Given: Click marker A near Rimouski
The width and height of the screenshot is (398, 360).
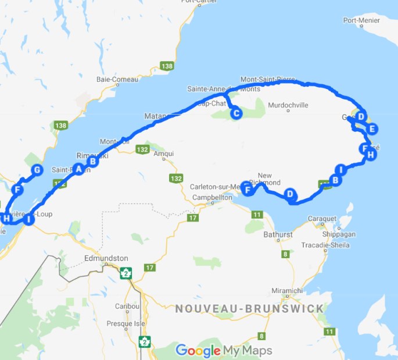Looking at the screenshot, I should coord(78,169).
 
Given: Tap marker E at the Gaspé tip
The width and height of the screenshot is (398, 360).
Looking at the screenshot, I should coord(372,129).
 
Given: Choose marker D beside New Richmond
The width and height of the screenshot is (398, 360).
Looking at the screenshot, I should coord(290,194).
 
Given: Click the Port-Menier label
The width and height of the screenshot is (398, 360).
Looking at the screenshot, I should coord(361,20).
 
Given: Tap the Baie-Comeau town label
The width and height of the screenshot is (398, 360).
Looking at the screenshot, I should coord(117,79).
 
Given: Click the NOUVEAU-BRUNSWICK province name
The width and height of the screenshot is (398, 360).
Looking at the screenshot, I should coord(249,308).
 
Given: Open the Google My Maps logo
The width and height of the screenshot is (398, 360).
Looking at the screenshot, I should coord(223,351).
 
